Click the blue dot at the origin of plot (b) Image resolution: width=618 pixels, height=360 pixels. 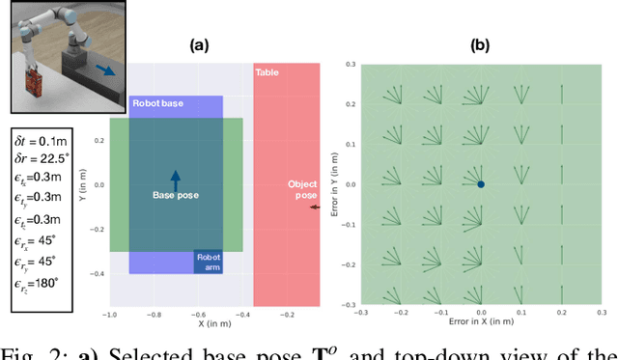[481, 184]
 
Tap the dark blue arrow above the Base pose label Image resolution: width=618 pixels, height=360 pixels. [176, 177]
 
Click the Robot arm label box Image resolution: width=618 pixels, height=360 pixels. [209, 262]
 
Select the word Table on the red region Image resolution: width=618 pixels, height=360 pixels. [267, 72]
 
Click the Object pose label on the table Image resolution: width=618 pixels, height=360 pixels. [303, 189]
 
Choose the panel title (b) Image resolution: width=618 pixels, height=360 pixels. [480, 44]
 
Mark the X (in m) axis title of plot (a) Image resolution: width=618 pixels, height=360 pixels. [214, 325]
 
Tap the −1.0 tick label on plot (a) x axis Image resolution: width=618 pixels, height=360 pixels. [109, 315]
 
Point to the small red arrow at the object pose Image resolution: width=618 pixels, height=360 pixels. [313, 207]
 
